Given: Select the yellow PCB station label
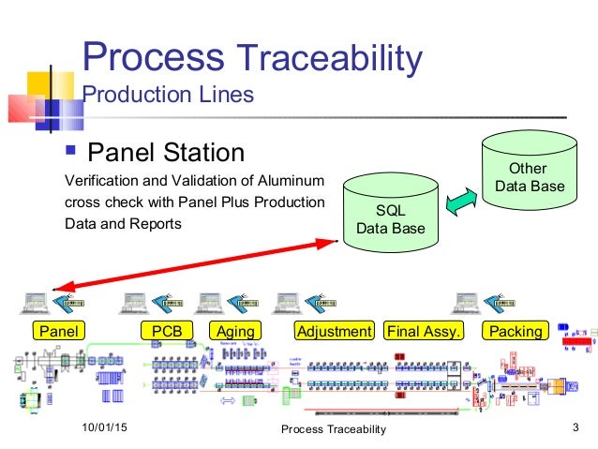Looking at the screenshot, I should [167, 331].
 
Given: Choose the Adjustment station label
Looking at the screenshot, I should [334, 331].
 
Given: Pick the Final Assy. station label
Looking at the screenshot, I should [423, 331].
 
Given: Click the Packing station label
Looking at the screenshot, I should [516, 331].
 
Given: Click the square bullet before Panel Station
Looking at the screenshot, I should [71, 151].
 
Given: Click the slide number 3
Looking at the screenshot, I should [574, 428].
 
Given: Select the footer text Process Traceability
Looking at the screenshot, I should [334, 429].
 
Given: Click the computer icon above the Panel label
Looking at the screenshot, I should [35, 301].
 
